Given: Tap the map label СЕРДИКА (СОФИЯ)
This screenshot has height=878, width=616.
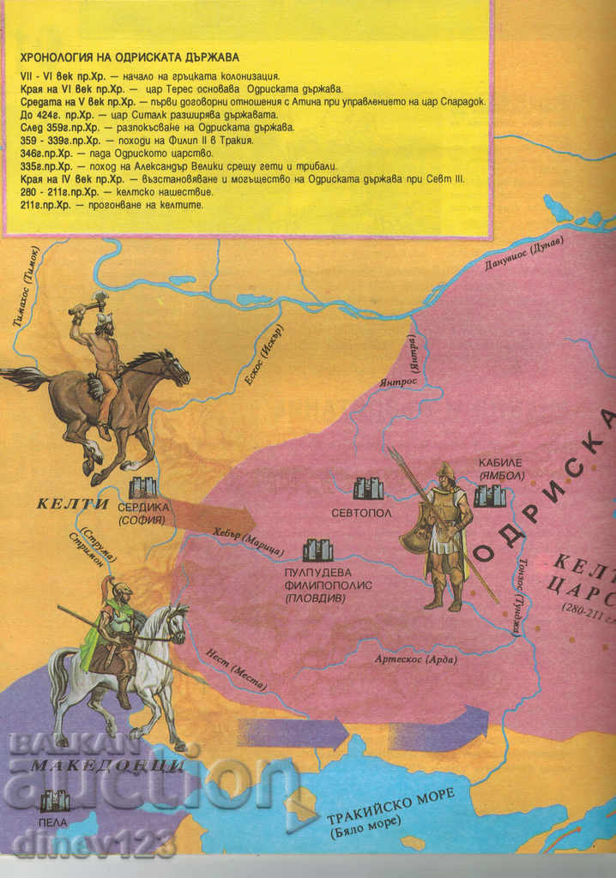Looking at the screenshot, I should coord(142,514).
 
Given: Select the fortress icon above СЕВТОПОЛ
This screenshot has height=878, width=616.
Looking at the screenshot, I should coord(369,488).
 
